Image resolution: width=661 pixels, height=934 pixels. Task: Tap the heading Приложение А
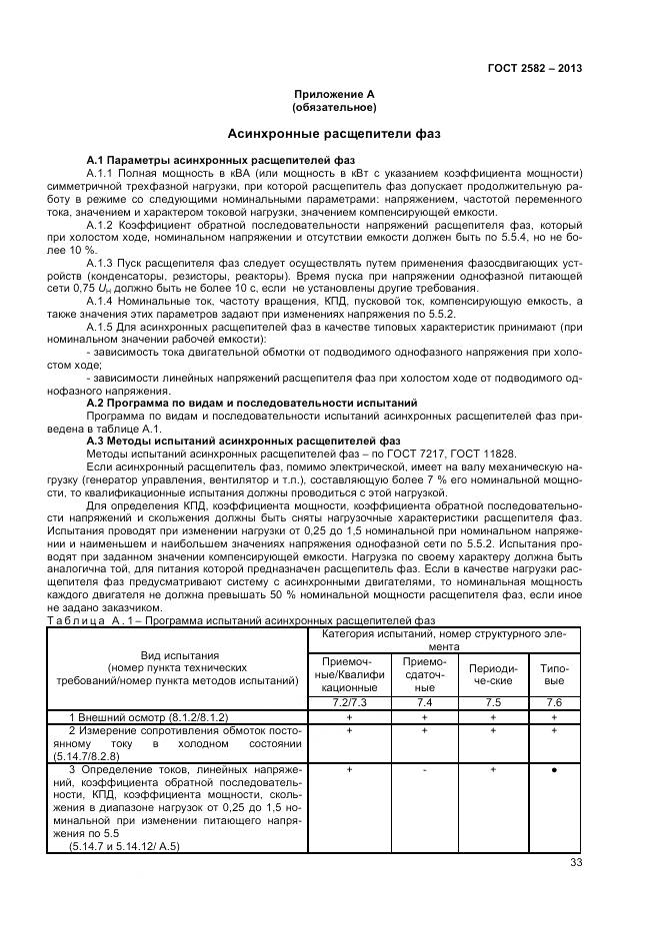333,94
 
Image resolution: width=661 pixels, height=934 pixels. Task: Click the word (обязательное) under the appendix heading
333,106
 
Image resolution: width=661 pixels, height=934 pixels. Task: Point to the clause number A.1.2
104,226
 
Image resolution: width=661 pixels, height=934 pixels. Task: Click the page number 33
575,862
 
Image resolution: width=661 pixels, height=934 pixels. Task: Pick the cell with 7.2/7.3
347,703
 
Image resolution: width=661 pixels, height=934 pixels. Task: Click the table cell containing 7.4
424,703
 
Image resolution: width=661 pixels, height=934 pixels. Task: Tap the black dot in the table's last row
553,771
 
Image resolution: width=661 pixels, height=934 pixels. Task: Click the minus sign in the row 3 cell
424,771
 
